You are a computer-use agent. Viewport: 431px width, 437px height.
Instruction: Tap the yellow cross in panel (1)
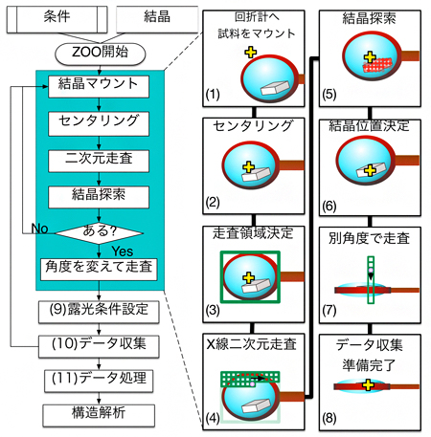click(x=251, y=52)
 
